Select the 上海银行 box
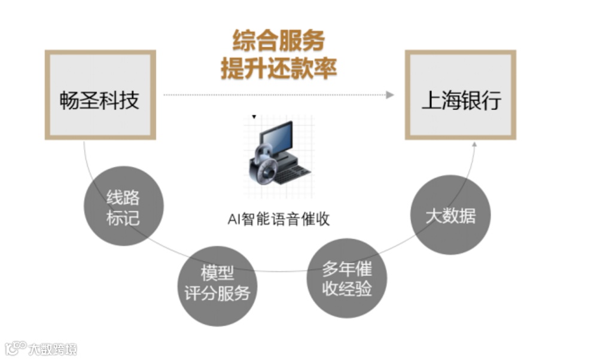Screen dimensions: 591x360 coord(460,95)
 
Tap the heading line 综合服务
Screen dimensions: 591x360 coord(278,41)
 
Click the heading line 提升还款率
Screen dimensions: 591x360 coord(278,68)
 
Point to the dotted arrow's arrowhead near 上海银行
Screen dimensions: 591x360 coord(390,94)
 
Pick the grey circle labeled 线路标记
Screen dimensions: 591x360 coord(123,207)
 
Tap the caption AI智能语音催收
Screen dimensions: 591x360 coord(278,219)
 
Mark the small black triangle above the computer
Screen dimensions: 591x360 coord(254,117)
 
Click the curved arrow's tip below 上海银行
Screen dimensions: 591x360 coord(476,144)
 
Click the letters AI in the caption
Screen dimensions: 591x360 coord(234,219)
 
